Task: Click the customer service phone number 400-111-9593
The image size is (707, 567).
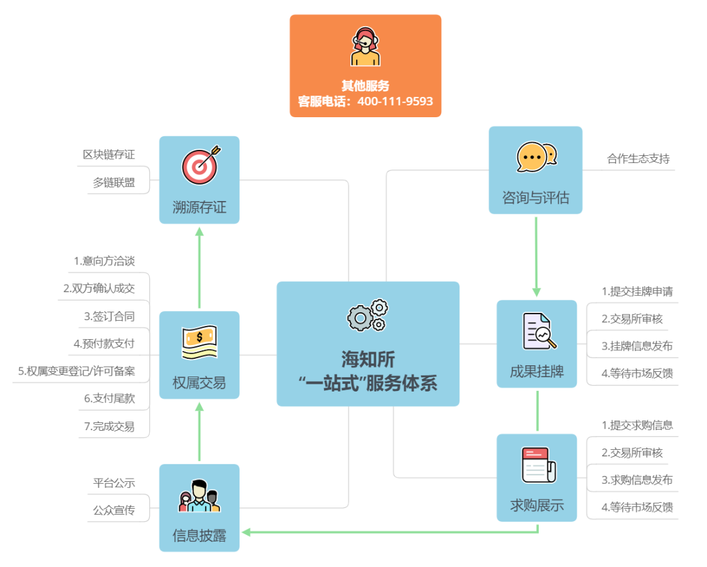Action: (395, 101)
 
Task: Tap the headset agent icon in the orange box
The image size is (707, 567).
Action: (365, 46)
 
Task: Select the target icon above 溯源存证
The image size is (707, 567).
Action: (200, 166)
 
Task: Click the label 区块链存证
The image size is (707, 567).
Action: (109, 155)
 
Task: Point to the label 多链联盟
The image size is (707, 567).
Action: (114, 183)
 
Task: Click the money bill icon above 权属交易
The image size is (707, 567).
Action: (199, 342)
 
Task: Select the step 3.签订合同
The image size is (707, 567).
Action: (109, 316)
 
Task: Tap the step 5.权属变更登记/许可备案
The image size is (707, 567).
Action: (77, 371)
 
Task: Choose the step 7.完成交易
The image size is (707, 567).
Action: (109, 426)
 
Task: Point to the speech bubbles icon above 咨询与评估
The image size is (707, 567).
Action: (536, 157)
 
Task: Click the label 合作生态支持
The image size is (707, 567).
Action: (638, 158)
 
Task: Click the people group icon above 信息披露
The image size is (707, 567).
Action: (199, 496)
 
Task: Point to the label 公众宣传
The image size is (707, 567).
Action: (114, 510)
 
